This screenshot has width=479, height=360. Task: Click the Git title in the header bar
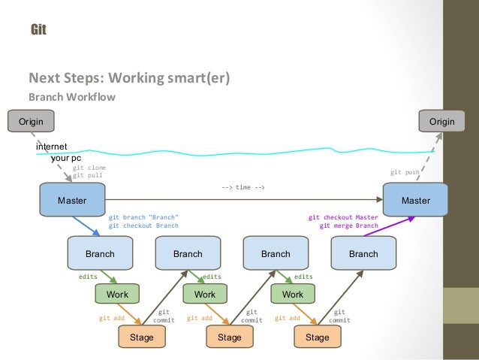point(38,30)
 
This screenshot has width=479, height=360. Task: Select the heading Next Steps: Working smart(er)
point(128,77)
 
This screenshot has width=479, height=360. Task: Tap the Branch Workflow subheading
point(71,97)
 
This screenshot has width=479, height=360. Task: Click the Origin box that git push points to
point(441,121)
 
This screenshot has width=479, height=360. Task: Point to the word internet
point(52,146)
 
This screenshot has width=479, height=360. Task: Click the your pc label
point(66,159)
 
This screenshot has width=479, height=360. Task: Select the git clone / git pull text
point(89,171)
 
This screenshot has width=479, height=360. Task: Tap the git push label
point(405,172)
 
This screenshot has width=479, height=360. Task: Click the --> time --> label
point(243,187)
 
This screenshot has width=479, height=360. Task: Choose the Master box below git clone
point(72,201)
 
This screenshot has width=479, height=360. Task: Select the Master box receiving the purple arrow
point(416,201)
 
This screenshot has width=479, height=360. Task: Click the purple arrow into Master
point(390,226)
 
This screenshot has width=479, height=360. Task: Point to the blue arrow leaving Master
point(86,225)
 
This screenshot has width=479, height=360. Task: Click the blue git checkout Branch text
point(143,225)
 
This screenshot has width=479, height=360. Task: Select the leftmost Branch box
point(100,253)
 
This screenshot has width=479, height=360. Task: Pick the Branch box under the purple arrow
point(363,253)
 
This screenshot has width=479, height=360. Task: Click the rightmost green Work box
point(293,295)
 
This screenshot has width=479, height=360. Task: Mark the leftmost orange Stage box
point(141,337)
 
